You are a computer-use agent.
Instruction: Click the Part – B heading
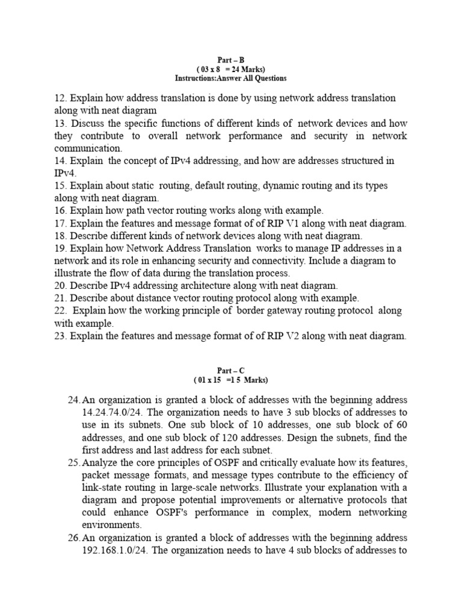230,60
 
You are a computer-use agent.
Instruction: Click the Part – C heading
230,371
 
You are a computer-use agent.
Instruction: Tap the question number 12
59,98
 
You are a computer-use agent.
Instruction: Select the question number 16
59,210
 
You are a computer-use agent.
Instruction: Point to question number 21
59,298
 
